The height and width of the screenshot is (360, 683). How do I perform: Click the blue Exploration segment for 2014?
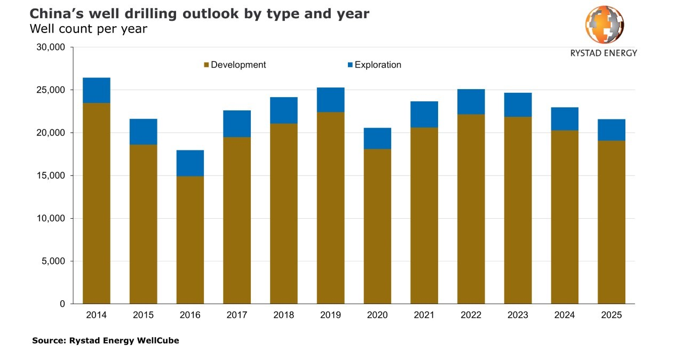97,90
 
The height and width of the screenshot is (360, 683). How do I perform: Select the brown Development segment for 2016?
190,240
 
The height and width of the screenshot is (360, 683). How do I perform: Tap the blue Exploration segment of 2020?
377,138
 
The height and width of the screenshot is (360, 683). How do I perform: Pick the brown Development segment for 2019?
330,208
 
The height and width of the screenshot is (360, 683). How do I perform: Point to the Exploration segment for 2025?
611,130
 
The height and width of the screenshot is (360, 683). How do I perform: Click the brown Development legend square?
207,65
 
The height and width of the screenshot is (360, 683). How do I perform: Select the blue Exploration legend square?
350,65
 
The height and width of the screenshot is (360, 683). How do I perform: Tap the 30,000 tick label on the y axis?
52,47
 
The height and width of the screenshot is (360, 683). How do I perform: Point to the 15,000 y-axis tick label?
52,175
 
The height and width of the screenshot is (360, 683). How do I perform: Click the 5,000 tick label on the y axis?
54,261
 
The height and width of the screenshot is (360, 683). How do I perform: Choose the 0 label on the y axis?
62,304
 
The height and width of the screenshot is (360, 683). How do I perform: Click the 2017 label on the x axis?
237,315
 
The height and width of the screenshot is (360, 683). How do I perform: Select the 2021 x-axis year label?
424,315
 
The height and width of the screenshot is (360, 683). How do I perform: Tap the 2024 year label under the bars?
565,315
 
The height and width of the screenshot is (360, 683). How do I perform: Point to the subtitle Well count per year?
88,29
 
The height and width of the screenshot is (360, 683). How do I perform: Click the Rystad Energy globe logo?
604,25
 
